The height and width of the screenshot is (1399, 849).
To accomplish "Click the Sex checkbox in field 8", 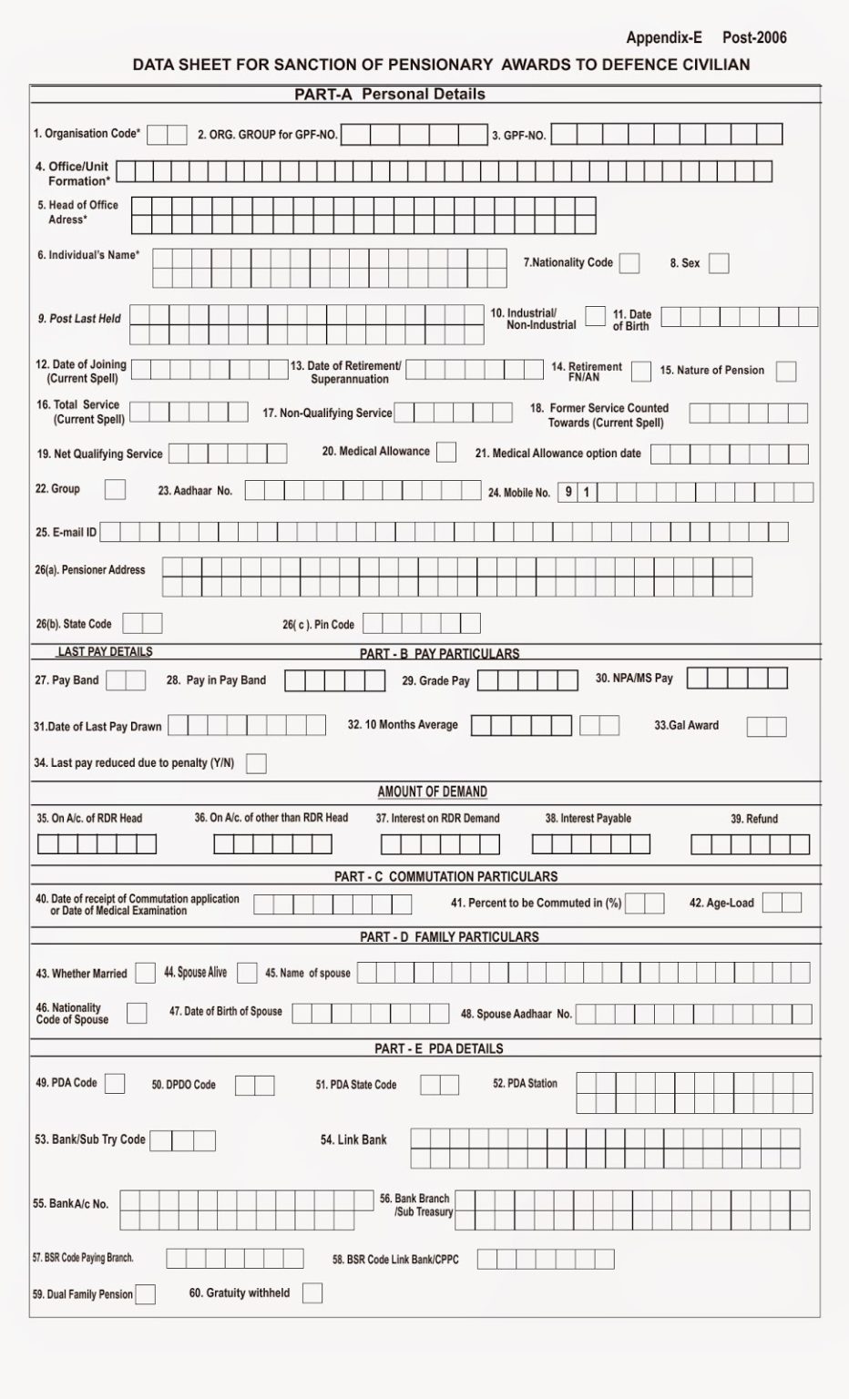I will (x=719, y=264).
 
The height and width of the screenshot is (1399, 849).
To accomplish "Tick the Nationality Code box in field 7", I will (x=629, y=263).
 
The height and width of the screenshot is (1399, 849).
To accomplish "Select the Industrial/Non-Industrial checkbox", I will (x=595, y=316).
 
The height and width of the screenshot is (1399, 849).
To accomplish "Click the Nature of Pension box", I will (x=786, y=372).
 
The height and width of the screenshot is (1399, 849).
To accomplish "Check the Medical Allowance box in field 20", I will (x=446, y=452).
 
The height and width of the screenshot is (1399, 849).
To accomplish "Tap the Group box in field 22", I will (x=115, y=490).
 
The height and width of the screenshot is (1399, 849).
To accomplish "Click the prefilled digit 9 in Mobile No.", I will (x=568, y=493).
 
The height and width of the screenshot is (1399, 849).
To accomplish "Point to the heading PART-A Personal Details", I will (x=390, y=94).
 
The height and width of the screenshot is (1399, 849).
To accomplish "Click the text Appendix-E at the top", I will (x=664, y=37).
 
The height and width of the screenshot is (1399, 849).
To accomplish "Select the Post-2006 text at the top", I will (x=754, y=37).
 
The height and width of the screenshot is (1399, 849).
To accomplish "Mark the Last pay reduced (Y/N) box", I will (x=257, y=763).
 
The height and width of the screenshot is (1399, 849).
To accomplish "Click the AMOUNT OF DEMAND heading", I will (x=433, y=791).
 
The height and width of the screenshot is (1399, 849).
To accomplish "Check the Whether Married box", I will (x=145, y=973).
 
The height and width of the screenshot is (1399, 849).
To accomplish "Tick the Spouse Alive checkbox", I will (x=247, y=973).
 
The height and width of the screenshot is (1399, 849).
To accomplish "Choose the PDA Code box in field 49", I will (x=115, y=1084).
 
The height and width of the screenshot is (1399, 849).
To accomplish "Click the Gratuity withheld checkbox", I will (x=312, y=1292).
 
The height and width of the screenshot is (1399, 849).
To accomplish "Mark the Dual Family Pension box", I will (x=145, y=1294).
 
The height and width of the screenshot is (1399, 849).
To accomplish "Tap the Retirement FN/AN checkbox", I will (x=641, y=371).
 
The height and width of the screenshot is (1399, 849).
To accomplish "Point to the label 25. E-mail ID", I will (x=66, y=532).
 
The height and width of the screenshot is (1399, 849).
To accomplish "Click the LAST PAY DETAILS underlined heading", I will (x=105, y=652).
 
